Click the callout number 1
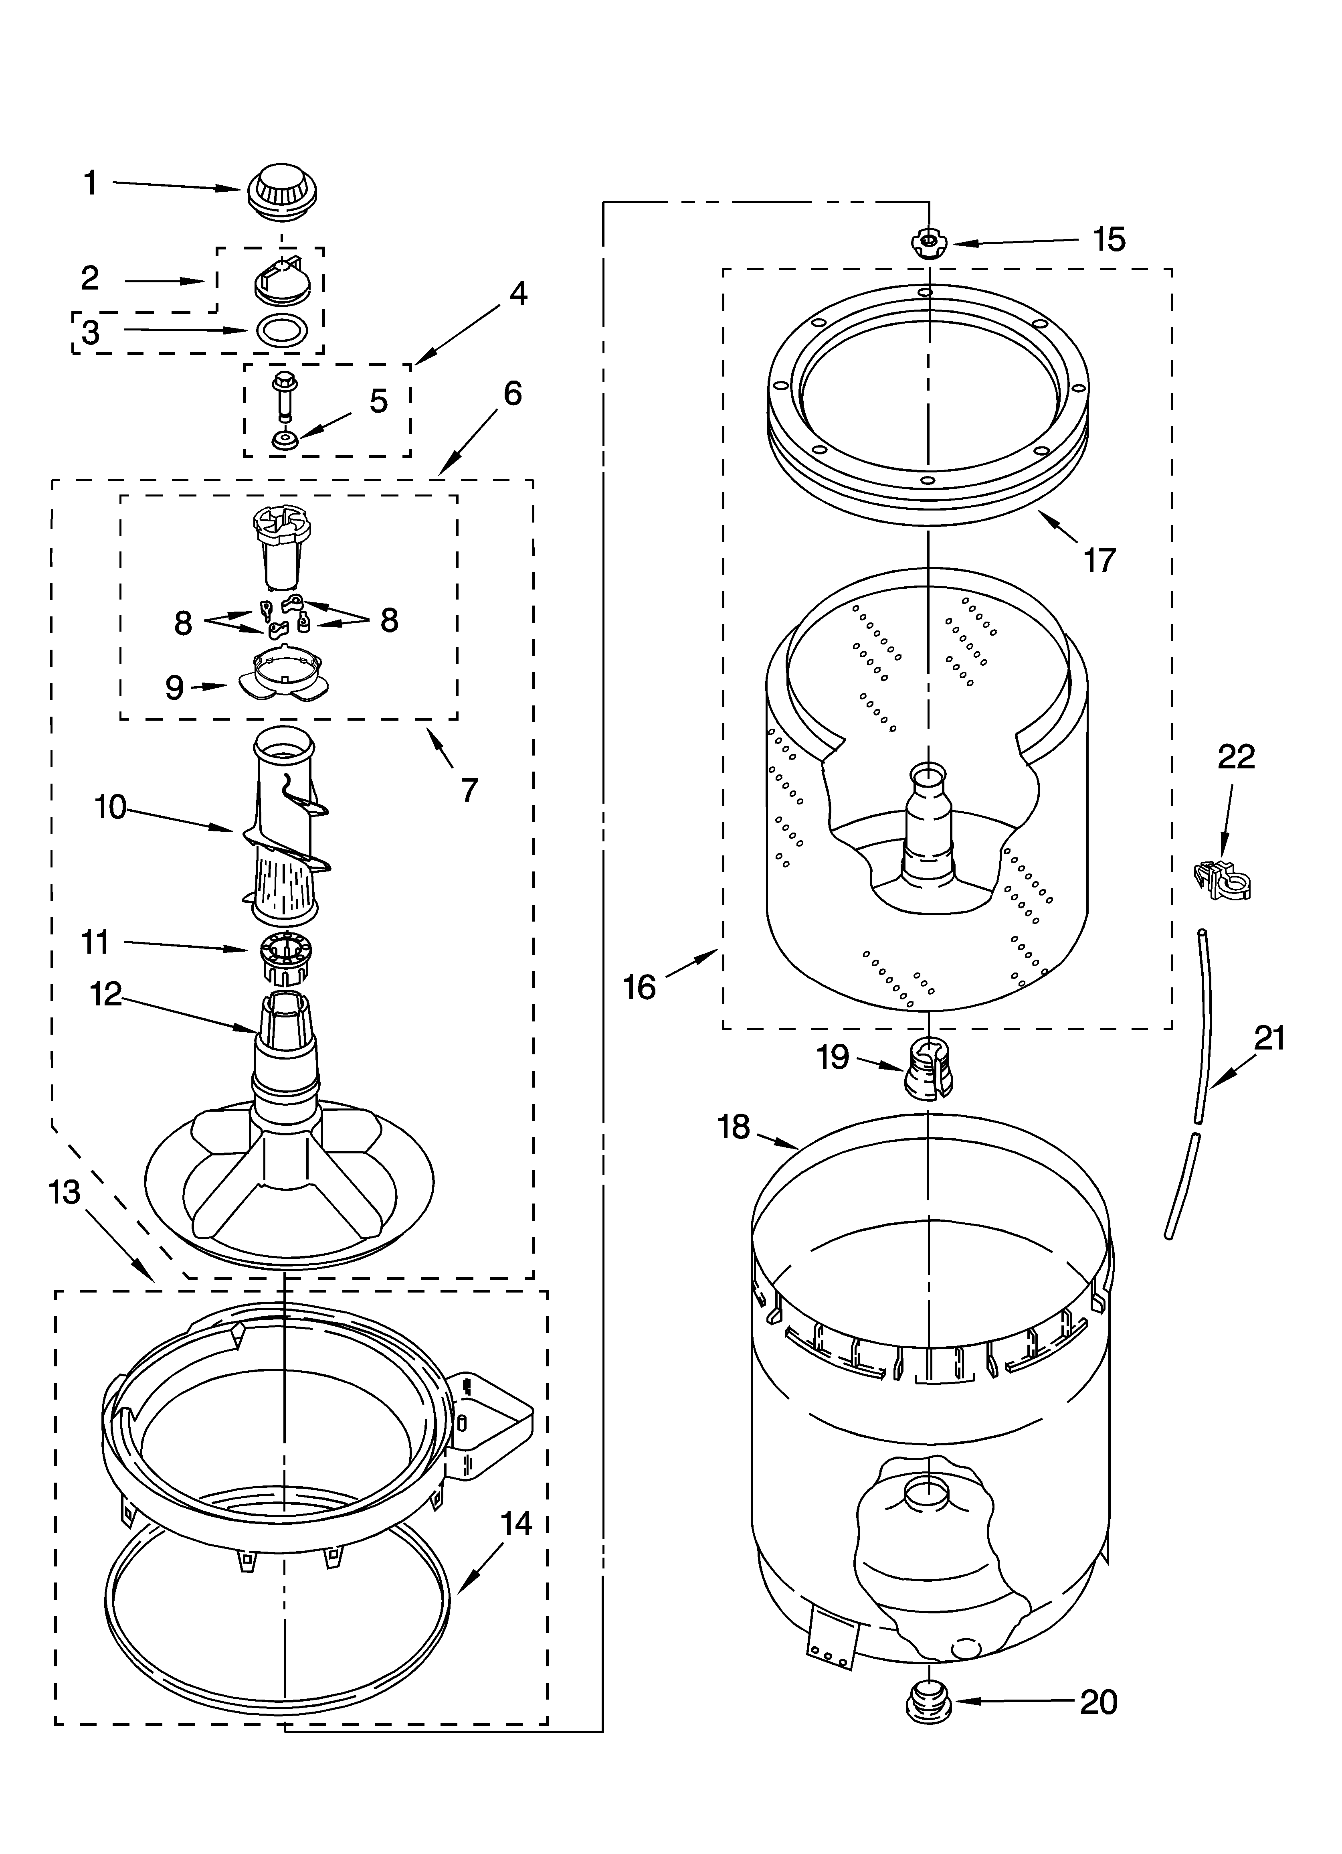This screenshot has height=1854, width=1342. coord(91,183)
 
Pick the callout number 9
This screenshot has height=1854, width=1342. coord(174,687)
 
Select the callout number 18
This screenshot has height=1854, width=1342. coord(734,1127)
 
